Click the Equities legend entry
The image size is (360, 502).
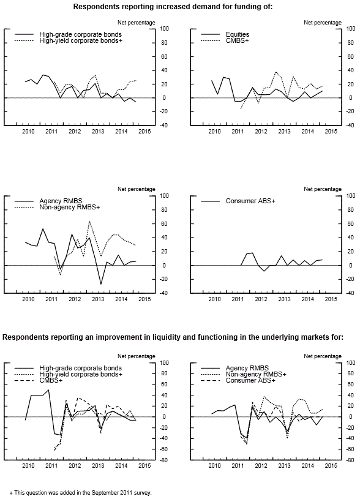pos(238,34)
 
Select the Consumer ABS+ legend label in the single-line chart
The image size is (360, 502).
pos(250,201)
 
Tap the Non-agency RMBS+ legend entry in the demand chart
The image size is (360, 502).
pos(70,207)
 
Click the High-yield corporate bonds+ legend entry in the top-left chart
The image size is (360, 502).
pos(81,40)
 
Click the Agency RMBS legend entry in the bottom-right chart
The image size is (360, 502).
pos(247,368)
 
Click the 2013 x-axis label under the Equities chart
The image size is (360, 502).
pos(284,131)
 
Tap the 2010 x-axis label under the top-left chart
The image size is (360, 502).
pos(28,131)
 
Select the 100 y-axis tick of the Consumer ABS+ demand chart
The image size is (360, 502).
pos(351,196)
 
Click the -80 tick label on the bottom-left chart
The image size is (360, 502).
pos(164,460)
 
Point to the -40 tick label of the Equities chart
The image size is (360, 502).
pos(350,125)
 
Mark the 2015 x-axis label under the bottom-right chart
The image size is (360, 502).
pos(331,466)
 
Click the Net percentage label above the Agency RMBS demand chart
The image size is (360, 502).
pos(137,189)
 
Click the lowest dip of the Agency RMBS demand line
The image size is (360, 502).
pos(101,284)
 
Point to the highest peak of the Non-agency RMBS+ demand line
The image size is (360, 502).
pos(89,221)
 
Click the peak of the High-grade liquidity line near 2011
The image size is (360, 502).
pos(48,389)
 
